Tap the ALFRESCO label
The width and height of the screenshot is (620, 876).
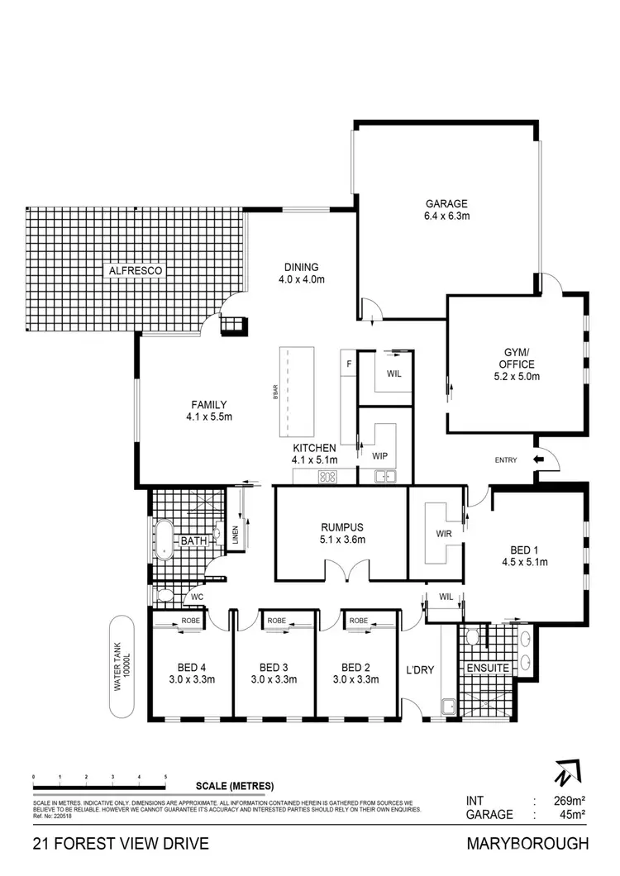[x=136, y=270]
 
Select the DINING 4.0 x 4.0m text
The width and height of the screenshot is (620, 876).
[x=301, y=273]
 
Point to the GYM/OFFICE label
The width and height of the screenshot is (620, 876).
[x=517, y=364]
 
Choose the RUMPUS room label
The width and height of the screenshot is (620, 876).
[x=342, y=533]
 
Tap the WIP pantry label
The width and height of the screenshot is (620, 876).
[x=379, y=456]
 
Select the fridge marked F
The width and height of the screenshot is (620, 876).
[x=349, y=363]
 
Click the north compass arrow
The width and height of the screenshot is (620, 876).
[x=562, y=775]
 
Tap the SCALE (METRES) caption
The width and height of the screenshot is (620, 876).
[x=235, y=786]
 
